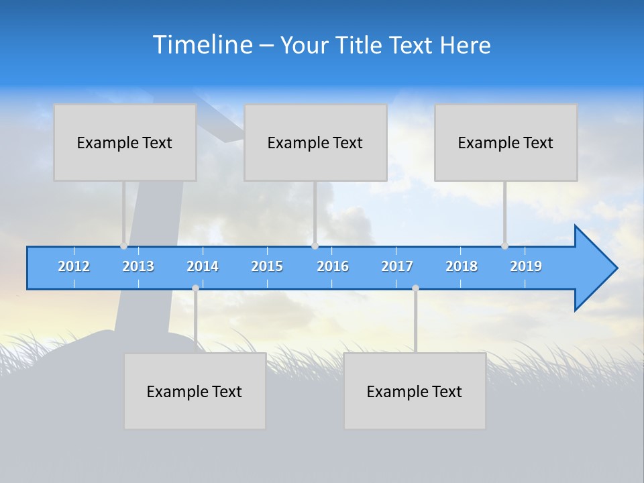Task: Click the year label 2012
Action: (74, 266)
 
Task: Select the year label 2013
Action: (138, 266)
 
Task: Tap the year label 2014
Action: (203, 266)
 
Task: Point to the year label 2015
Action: (267, 266)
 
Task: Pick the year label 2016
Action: (333, 266)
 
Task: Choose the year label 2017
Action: (397, 266)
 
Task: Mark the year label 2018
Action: (462, 266)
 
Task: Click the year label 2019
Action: (526, 266)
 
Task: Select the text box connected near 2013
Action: (125, 142)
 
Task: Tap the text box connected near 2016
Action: (315, 142)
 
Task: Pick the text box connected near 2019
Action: (506, 142)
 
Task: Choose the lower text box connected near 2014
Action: (195, 391)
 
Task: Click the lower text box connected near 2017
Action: (415, 391)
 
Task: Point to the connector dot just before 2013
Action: (124, 246)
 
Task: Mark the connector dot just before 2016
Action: (315, 246)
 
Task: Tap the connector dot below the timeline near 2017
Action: (415, 288)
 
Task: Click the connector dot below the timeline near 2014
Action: (195, 288)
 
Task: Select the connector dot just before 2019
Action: (504, 246)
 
